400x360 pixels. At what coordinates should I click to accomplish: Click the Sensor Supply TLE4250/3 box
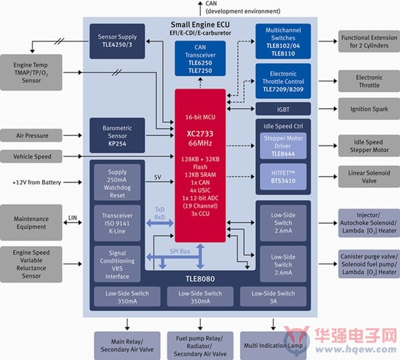[117, 41]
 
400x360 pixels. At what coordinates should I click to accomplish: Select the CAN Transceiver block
[200, 59]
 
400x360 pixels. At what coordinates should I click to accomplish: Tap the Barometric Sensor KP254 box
[117, 135]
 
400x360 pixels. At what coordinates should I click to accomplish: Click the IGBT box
[283, 109]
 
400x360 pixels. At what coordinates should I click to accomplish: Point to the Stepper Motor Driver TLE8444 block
[283, 146]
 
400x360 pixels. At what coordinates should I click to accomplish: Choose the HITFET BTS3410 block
[283, 177]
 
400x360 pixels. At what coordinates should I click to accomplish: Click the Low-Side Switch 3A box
[273, 297]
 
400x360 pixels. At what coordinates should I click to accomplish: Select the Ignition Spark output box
[369, 109]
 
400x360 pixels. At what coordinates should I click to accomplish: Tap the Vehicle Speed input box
[31, 157]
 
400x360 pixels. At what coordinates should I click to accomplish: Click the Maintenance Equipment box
[31, 223]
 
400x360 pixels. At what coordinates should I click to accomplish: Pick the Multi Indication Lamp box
[273, 345]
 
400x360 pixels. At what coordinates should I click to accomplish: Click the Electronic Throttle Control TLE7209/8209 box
[283, 81]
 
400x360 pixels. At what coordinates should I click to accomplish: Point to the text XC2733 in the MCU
[200, 134]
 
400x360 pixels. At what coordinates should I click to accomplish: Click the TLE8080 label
[200, 279]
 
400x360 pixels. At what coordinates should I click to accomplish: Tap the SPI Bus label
[180, 251]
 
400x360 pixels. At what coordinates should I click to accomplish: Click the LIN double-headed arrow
[73, 223]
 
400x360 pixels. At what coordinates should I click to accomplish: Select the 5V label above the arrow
[157, 177]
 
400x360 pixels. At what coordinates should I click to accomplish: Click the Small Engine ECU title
[200, 25]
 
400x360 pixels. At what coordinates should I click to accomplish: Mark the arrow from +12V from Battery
[73, 182]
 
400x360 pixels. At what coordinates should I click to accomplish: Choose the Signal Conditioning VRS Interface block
[117, 264]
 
